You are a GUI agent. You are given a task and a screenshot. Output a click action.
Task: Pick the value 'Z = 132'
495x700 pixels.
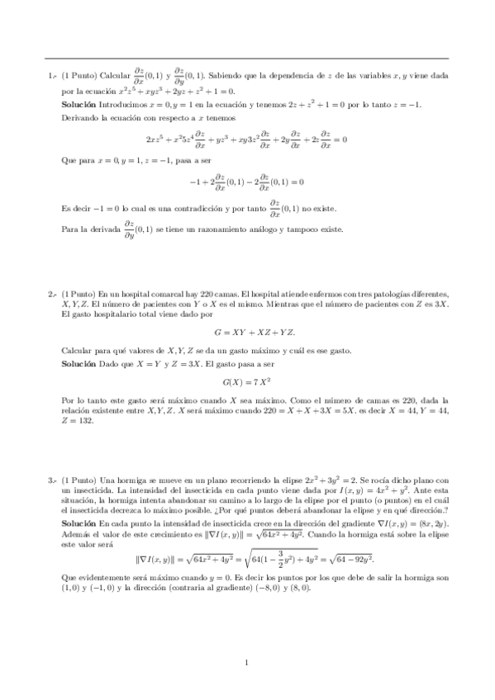tap(78, 420)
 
